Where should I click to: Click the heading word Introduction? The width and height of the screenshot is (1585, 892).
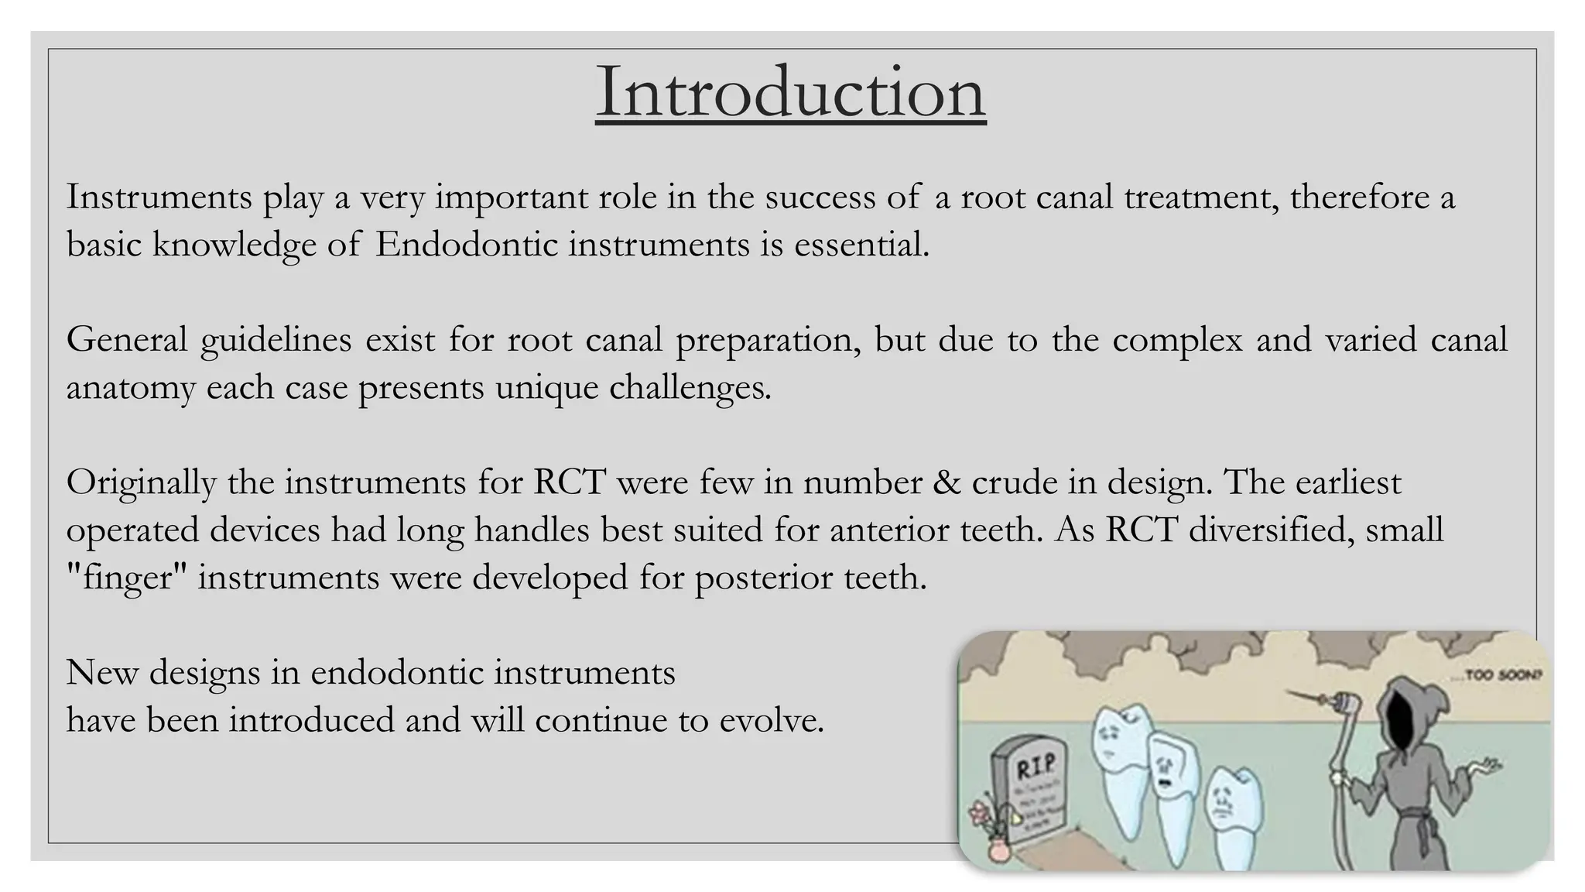tap(790, 93)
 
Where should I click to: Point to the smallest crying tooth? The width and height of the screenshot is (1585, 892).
tap(1231, 813)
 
